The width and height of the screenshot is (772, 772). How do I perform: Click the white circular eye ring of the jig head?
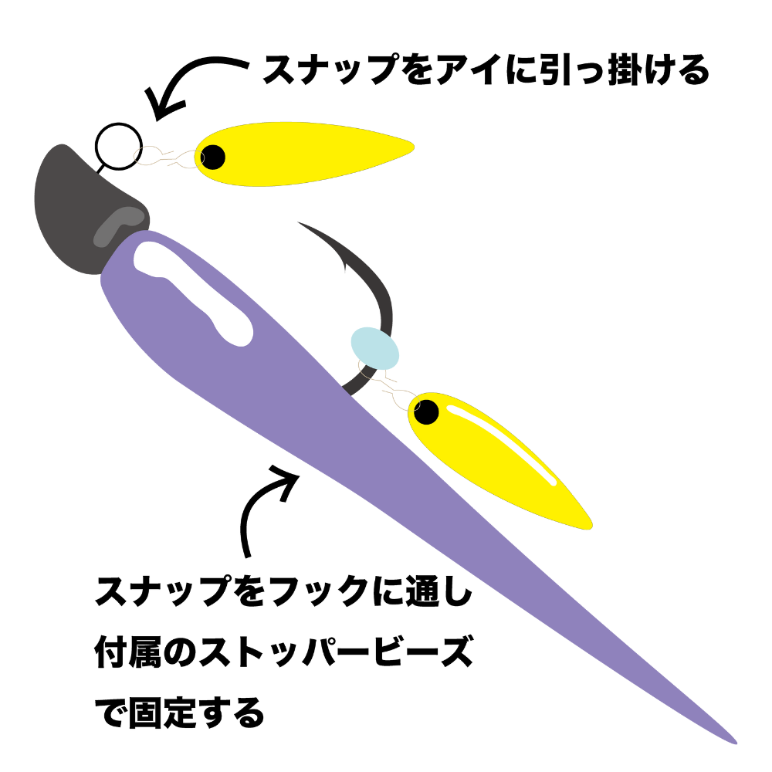tap(118, 146)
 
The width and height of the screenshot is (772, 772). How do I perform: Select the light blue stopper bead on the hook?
tap(375, 348)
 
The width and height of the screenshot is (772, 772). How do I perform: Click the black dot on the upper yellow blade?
tap(213, 157)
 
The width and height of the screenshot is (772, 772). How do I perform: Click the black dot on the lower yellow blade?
tap(425, 412)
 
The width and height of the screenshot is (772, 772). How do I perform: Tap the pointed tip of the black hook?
tap(301, 225)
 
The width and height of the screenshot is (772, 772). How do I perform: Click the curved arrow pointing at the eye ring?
tap(193, 77)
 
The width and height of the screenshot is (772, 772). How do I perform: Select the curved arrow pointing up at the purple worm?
tap(262, 502)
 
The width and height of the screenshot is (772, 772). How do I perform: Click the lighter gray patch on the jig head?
tap(116, 224)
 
